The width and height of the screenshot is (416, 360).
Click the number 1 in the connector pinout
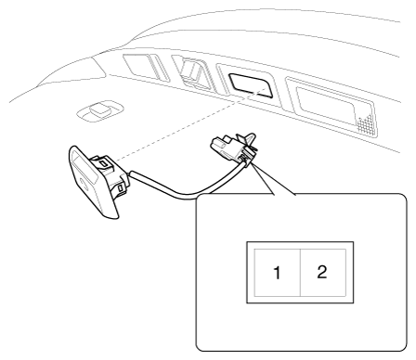[x=277, y=273]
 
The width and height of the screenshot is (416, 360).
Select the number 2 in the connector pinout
[x=322, y=272]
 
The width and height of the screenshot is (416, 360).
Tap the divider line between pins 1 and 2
[x=300, y=272]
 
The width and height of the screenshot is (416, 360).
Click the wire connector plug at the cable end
[x=234, y=148]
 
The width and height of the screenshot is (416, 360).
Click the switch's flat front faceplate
[x=90, y=183]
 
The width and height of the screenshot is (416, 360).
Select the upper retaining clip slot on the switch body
[x=105, y=163]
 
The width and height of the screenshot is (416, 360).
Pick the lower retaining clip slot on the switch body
[x=121, y=188]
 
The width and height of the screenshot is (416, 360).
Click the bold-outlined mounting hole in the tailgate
[x=251, y=85]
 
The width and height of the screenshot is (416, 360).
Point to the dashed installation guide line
[x=188, y=124]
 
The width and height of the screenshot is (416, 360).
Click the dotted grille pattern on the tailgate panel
[x=366, y=122]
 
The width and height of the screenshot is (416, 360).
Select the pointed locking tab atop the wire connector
[x=248, y=139]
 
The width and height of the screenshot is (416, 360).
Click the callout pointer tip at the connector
[x=252, y=164]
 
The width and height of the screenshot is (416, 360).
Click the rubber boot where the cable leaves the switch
[x=126, y=176]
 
